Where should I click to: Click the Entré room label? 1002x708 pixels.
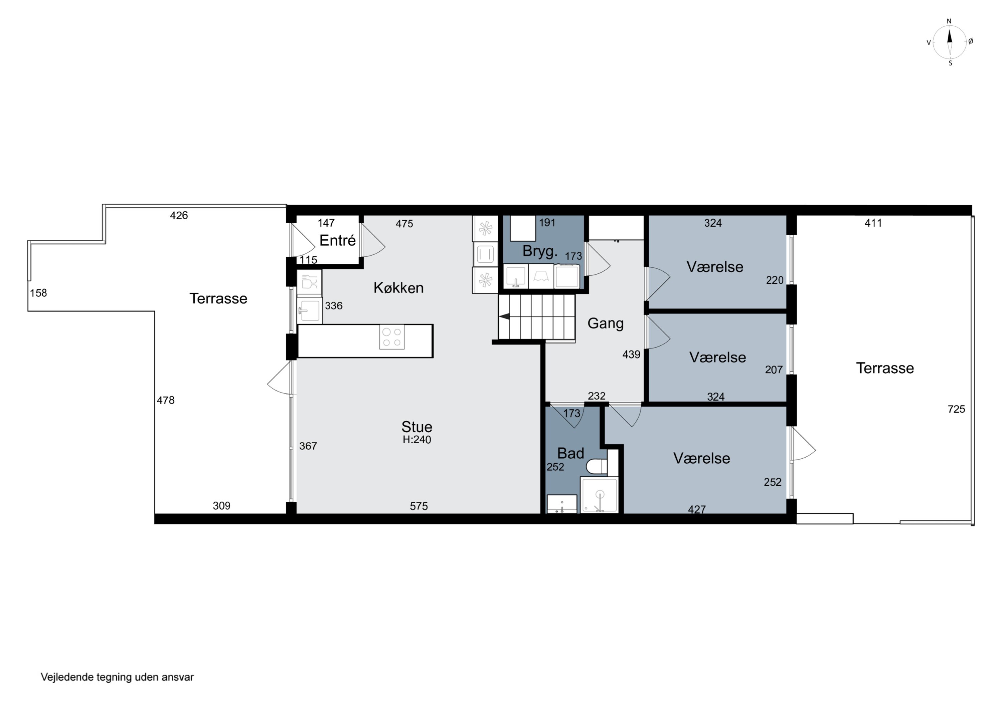click(x=337, y=240)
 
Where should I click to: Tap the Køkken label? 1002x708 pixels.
click(x=398, y=288)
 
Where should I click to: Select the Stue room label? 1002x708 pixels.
click(x=417, y=427)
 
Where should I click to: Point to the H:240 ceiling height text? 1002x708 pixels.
click(x=417, y=440)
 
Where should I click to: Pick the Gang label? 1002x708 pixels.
click(x=605, y=323)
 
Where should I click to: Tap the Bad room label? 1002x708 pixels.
click(x=570, y=453)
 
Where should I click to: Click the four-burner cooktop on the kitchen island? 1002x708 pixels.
click(x=392, y=337)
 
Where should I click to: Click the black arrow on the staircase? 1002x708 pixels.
click(x=504, y=317)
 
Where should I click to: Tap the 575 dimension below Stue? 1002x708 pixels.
click(x=419, y=506)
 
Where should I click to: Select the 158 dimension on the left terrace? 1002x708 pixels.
click(x=38, y=293)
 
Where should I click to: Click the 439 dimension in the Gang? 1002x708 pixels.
click(x=631, y=355)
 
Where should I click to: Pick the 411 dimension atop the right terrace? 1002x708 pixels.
click(x=873, y=223)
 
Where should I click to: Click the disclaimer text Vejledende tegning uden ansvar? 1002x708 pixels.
click(x=117, y=677)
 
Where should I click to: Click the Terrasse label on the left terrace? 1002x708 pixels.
click(x=218, y=298)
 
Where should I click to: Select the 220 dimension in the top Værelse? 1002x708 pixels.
click(x=775, y=280)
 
